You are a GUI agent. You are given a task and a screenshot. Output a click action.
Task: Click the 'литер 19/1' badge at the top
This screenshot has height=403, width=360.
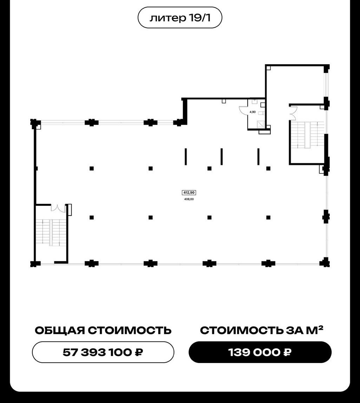pos(180,18)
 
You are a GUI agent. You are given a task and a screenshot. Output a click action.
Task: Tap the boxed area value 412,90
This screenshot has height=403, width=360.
pos(189,192)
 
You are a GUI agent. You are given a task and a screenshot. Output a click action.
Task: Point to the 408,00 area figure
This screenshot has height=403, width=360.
pos(189,199)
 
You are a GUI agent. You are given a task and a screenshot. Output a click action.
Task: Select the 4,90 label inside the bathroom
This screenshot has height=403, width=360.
pos(253,112)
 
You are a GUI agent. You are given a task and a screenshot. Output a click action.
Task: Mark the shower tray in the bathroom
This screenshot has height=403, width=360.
pos(261,124)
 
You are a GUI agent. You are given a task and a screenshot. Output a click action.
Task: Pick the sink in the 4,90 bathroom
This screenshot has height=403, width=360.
pos(255,102)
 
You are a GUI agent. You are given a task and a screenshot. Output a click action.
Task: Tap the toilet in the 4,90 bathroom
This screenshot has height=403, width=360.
pos(261,113)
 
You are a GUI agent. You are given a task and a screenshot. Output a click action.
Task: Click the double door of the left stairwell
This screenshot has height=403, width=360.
pos(58,208)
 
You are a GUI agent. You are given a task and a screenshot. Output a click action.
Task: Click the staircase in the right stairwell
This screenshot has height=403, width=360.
pos(307,135)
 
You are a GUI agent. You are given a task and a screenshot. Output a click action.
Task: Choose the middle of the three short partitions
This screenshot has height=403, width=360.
pos(222,157)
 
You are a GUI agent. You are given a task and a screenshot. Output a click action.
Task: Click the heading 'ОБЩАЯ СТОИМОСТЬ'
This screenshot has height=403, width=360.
pos(103,330)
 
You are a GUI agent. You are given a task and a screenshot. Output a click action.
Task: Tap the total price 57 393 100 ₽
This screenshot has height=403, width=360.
pos(103,352)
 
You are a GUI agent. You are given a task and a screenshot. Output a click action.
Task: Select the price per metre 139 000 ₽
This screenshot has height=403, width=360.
pos(260,352)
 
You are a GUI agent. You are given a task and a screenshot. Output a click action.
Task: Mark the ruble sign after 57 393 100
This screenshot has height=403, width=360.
pos(139,352)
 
